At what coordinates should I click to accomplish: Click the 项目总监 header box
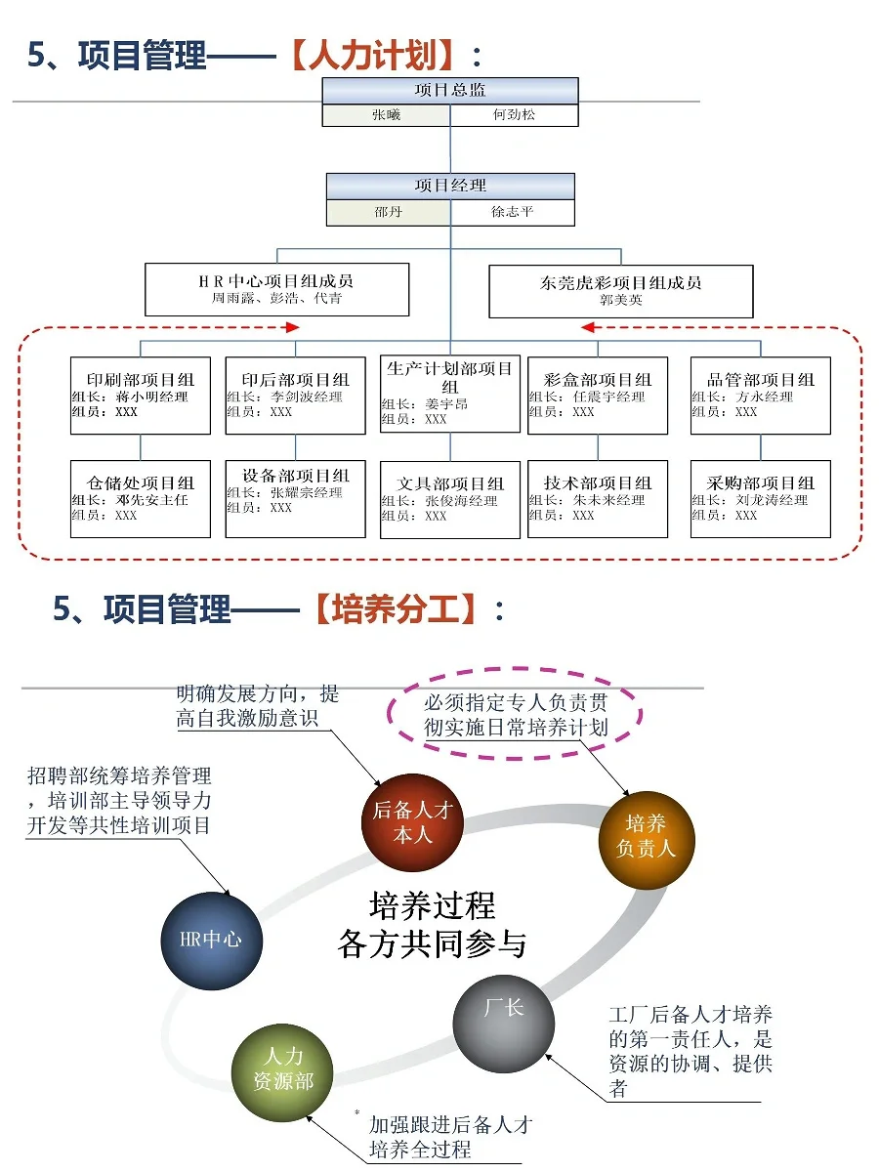click(x=450, y=91)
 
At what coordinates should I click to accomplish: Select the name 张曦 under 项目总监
click(x=386, y=115)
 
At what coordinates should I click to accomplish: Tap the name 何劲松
click(x=514, y=115)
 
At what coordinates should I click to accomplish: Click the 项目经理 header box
click(x=450, y=186)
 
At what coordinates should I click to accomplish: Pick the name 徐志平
click(x=512, y=212)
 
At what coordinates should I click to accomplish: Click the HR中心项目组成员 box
click(x=276, y=289)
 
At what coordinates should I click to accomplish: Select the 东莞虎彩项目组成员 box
click(x=621, y=290)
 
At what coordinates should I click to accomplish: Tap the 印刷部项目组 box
click(x=141, y=396)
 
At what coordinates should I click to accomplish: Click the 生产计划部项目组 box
click(x=450, y=394)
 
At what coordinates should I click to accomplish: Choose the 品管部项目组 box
click(x=760, y=396)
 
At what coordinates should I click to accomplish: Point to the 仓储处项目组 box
click(x=141, y=498)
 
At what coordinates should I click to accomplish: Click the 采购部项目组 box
click(x=760, y=498)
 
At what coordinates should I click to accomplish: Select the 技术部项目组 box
click(x=598, y=498)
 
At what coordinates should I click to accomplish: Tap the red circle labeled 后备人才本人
click(x=412, y=822)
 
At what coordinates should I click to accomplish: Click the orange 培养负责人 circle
click(x=646, y=837)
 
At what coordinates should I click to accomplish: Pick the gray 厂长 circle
click(x=503, y=1022)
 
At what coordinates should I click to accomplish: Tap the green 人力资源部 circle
click(x=283, y=1070)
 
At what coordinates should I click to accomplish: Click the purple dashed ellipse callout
click(x=516, y=716)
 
